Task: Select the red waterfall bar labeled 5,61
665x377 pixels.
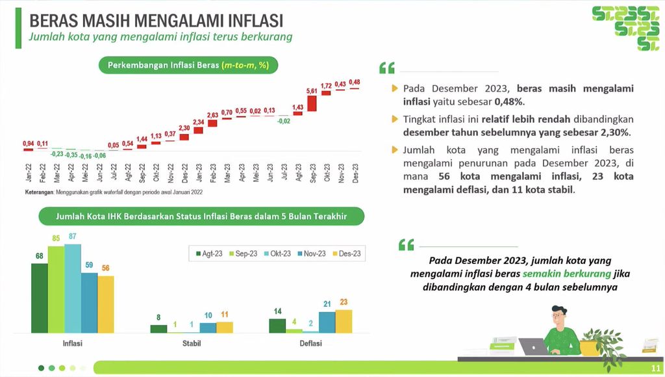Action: [x=312, y=103]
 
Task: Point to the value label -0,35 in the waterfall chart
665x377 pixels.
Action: [x=70, y=155]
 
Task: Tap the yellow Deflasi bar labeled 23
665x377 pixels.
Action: [x=343, y=321]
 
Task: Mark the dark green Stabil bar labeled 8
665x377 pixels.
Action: [x=158, y=329]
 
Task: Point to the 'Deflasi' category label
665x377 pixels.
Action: [x=310, y=343]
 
